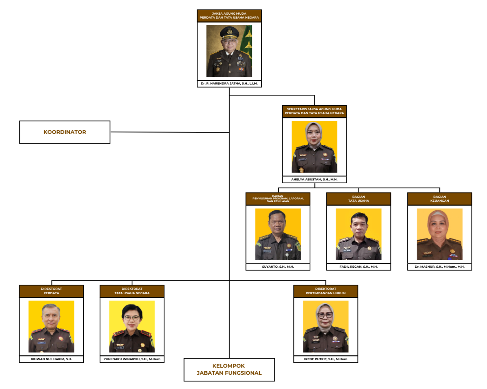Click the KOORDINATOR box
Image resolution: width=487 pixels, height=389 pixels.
click(x=65, y=132)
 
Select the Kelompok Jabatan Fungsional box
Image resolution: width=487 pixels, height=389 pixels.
click(x=229, y=370)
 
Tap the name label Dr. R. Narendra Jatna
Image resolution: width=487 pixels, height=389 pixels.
click(x=229, y=83)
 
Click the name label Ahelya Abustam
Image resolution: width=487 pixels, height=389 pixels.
click(x=314, y=179)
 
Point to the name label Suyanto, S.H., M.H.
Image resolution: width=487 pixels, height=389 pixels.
click(x=278, y=267)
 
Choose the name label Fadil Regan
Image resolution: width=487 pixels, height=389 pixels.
click(x=359, y=267)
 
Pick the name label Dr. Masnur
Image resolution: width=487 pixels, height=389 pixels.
click(x=440, y=267)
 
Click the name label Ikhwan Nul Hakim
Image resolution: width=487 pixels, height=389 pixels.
click(x=51, y=359)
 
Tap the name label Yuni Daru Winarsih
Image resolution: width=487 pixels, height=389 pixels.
click(x=132, y=359)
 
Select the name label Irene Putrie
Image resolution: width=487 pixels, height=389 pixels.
click(x=326, y=359)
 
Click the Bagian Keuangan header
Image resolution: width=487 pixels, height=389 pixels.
click(x=440, y=199)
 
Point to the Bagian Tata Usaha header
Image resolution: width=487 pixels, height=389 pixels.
click(x=359, y=199)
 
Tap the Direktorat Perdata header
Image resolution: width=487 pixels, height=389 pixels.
click(x=51, y=291)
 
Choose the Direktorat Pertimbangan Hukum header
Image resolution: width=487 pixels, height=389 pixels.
click(x=326, y=291)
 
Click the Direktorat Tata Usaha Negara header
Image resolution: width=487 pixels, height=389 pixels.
click(x=132, y=291)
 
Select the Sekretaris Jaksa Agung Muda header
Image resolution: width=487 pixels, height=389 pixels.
click(x=314, y=111)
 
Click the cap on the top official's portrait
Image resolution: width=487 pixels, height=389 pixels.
click(x=229, y=32)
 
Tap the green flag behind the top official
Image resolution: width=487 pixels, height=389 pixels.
click(x=247, y=43)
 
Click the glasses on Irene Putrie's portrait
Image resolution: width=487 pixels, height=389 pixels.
click(x=325, y=315)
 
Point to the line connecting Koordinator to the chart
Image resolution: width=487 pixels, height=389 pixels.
click(x=170, y=132)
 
